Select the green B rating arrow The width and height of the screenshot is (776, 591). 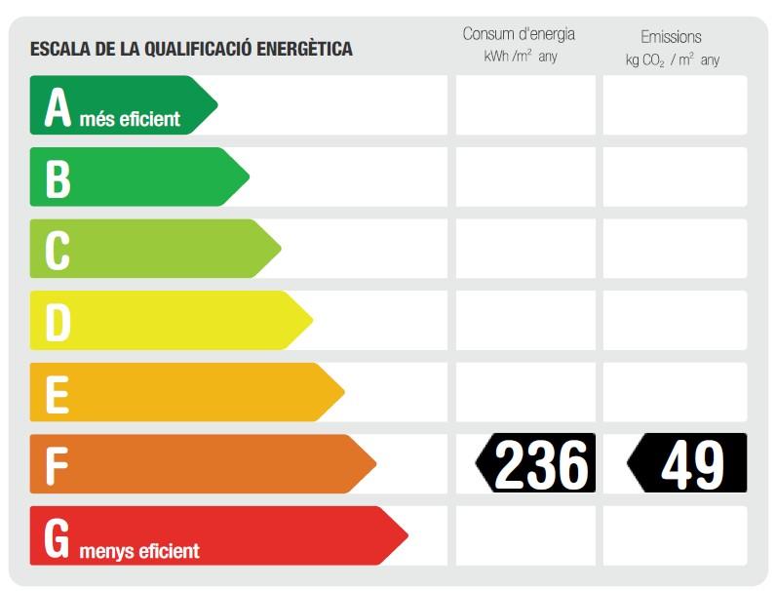136,177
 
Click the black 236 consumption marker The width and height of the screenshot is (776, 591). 536,463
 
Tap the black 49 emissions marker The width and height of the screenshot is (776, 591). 687,463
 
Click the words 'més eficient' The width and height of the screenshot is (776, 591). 130,120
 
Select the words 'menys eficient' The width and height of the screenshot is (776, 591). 139,552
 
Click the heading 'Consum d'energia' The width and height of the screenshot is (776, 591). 519,34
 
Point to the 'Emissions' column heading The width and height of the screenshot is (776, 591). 671,37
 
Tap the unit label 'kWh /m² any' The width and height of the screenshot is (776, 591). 521,58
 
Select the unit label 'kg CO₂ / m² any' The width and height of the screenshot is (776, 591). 673,60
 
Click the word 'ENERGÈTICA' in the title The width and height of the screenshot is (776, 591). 304,49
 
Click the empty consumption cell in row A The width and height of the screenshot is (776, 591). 524,104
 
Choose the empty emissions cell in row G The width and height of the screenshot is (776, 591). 675,535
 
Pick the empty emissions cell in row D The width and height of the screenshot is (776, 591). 675,320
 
